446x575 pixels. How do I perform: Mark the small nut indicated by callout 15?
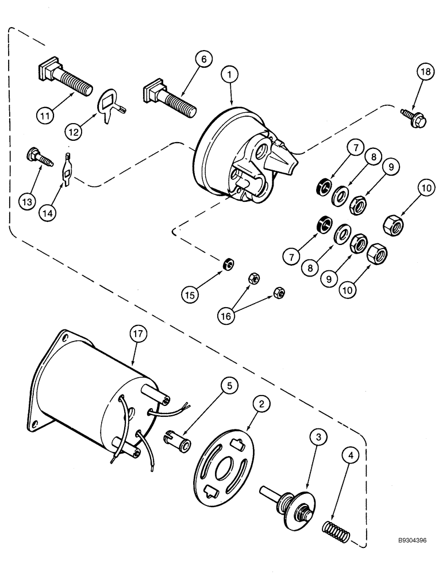tap(228, 264)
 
